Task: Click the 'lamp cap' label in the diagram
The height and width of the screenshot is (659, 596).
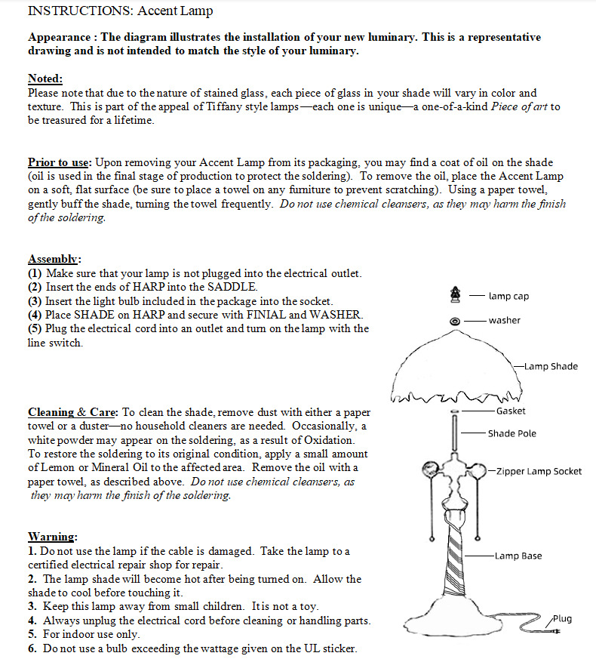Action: coord(508,297)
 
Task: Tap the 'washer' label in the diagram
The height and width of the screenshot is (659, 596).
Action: coord(504,320)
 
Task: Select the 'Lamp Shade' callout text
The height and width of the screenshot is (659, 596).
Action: coord(551,367)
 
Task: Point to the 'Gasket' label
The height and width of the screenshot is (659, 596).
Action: coord(511,411)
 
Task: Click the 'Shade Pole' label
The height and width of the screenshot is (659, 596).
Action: coord(512,433)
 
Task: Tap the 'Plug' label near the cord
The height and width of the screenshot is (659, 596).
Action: coord(562,619)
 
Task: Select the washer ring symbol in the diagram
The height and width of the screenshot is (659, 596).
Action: coord(454,321)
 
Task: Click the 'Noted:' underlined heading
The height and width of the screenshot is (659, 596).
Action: coord(45,79)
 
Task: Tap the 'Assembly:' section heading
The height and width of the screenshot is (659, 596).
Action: coord(54,258)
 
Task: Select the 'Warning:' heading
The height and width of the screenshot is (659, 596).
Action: coord(52,537)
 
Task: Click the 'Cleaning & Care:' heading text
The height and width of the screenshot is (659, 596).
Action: coord(72,412)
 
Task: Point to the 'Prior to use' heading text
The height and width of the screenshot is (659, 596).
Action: coord(59,162)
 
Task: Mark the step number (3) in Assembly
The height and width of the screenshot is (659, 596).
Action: coord(35,301)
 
